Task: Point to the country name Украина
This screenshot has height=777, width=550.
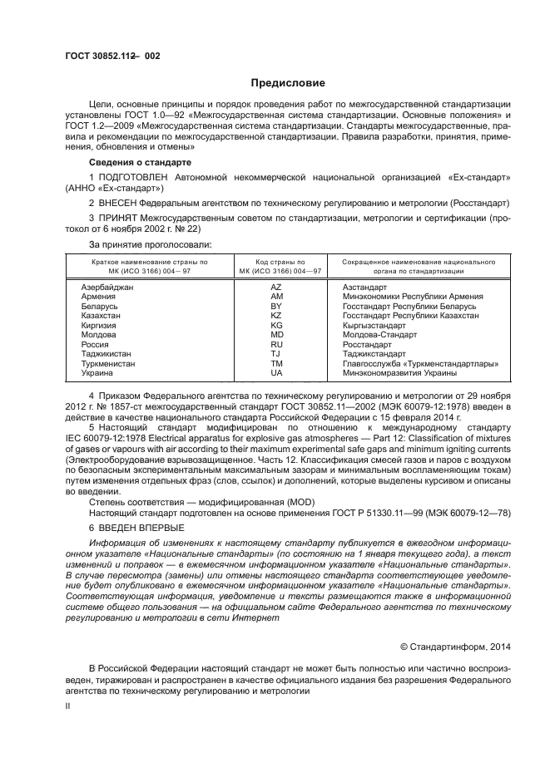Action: coord(97,373)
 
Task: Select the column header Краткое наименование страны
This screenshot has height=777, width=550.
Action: coord(138,261)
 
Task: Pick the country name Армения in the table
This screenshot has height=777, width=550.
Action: coord(98,297)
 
